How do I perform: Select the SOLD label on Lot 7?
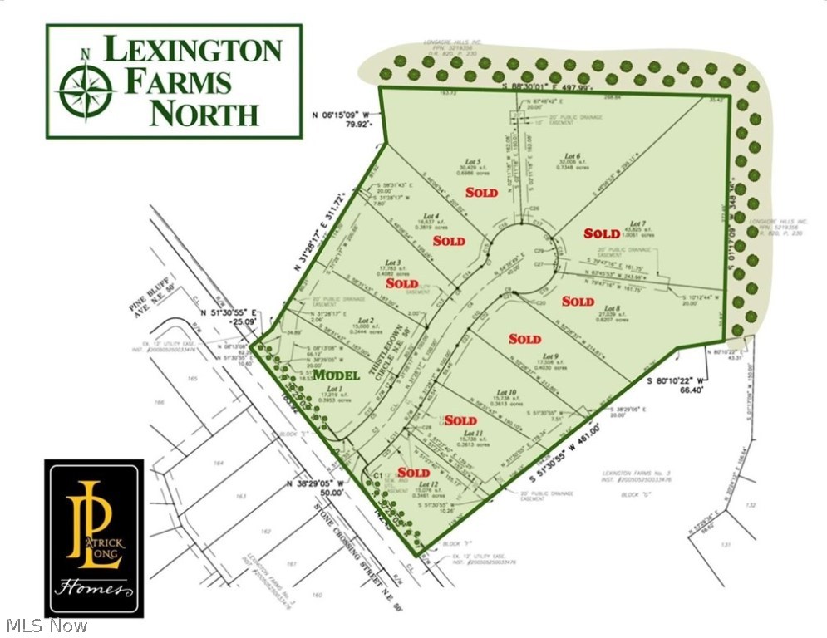(x=602, y=233)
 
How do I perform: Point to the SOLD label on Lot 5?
(x=481, y=193)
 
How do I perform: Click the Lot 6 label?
(x=570, y=156)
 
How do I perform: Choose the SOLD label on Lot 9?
(x=524, y=339)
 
